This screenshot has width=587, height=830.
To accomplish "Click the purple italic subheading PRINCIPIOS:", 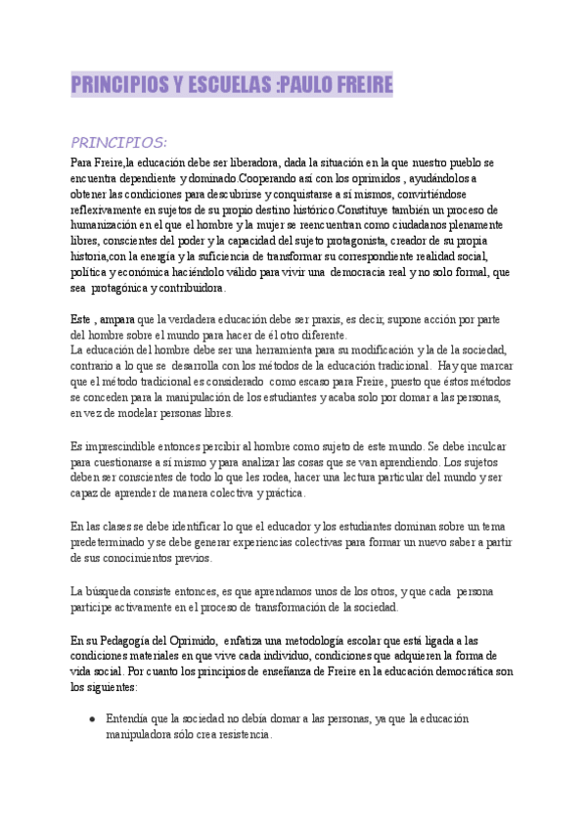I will point(119,141).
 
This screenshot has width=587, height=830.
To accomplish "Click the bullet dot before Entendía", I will point(91,718).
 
